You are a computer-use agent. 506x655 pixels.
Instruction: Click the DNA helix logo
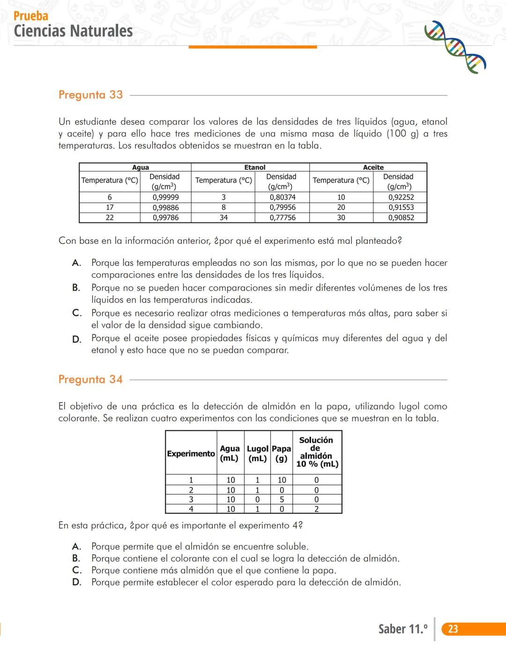coord(455,47)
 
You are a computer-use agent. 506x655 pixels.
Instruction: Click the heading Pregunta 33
coord(90,95)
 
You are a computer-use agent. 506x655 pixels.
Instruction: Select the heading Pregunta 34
coord(90,379)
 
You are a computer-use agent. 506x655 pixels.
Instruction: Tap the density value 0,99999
coord(165,197)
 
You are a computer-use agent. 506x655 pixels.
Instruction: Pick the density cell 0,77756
coord(282,218)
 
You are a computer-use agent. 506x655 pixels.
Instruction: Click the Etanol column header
coord(254,167)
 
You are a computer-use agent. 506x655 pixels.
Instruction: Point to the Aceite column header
coord(373,167)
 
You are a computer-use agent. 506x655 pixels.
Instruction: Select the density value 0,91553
coord(401,207)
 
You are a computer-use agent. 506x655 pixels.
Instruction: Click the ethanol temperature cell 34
coord(223,218)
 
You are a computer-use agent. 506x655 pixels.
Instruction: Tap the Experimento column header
coord(191,453)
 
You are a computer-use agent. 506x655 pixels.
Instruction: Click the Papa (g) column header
coord(281,453)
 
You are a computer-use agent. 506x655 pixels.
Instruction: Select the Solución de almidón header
coord(317,452)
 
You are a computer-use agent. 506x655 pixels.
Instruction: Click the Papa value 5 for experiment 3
coord(282,499)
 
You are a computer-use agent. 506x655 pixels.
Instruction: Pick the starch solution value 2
coord(317,509)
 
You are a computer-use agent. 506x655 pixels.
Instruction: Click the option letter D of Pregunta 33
coord(76,339)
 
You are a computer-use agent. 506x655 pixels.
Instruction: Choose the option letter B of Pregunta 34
coord(76,558)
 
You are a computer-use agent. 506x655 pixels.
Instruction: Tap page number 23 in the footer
coord(453,629)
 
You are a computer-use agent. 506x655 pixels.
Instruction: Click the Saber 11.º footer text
coord(403,629)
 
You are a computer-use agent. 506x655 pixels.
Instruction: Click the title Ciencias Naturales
coord(73,31)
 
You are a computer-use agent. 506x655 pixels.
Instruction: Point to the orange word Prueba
coord(31,16)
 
